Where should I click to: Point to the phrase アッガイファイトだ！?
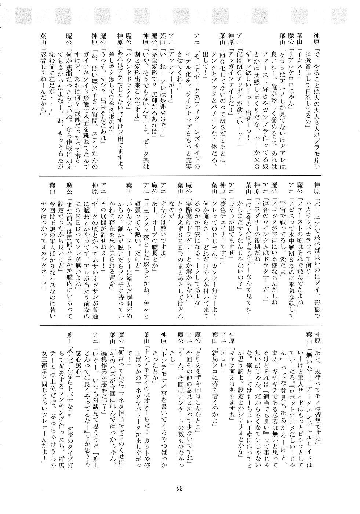230,64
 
